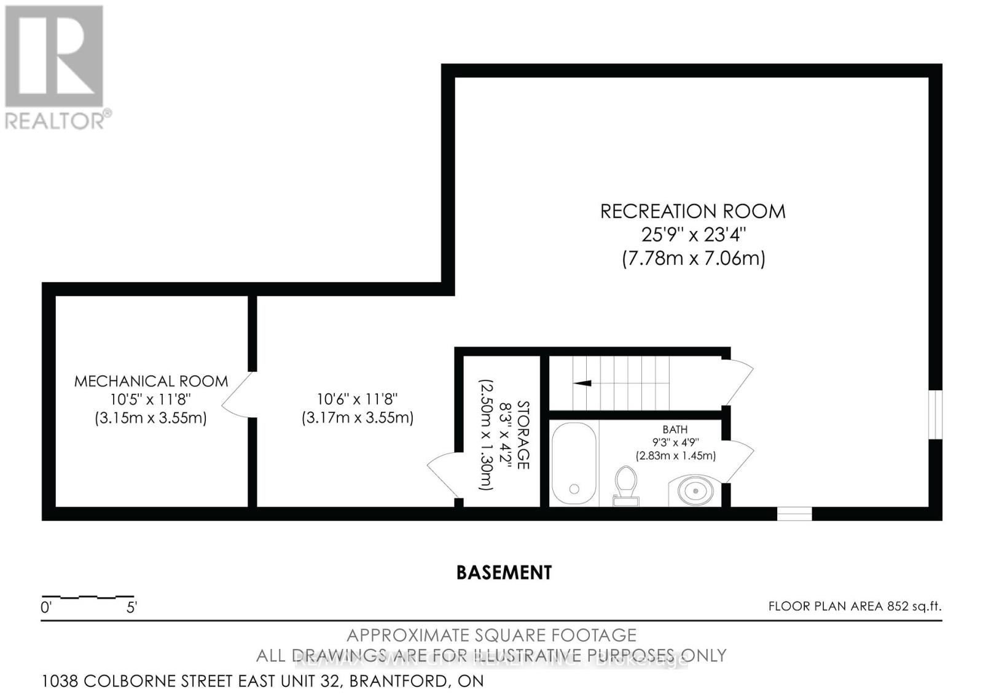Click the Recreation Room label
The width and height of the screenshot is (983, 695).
pyautogui.click(x=692, y=211)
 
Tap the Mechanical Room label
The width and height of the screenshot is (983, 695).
pyautogui.click(x=151, y=381)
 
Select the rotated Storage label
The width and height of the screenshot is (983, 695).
pyautogui.click(x=523, y=434)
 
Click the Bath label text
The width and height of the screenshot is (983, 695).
pyautogui.click(x=675, y=430)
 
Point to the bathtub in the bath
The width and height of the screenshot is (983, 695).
pyautogui.click(x=574, y=463)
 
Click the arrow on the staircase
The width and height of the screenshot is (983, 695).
pyautogui.click(x=582, y=383)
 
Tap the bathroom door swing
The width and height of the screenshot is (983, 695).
pyautogui.click(x=739, y=461)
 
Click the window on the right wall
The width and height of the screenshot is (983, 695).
pyautogui.click(x=934, y=415)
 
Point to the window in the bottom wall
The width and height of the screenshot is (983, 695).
pyautogui.click(x=794, y=513)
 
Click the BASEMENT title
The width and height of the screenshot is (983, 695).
pyautogui.click(x=504, y=573)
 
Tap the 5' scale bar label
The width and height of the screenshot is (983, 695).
pyautogui.click(x=131, y=608)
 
